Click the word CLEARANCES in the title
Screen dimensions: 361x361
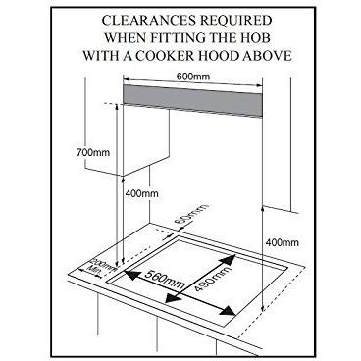[x=137, y=18]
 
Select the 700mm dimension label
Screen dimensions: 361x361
[x=90, y=153]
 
